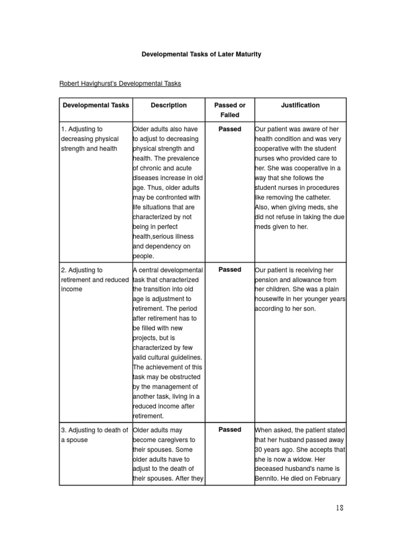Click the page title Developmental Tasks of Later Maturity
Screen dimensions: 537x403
coord(201,54)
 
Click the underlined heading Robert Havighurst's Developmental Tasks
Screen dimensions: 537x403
coord(120,83)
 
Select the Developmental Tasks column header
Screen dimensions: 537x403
coord(96,105)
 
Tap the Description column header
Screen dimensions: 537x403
coord(168,105)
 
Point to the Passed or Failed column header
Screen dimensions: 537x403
coord(230,110)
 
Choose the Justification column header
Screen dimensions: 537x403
coord(300,105)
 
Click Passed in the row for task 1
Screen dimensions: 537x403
coord(230,129)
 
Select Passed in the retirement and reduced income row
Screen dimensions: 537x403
coord(230,270)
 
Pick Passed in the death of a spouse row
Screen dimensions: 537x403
coord(230,429)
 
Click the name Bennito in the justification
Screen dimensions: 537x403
coord(268,478)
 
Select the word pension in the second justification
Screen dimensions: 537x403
coord(269,280)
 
